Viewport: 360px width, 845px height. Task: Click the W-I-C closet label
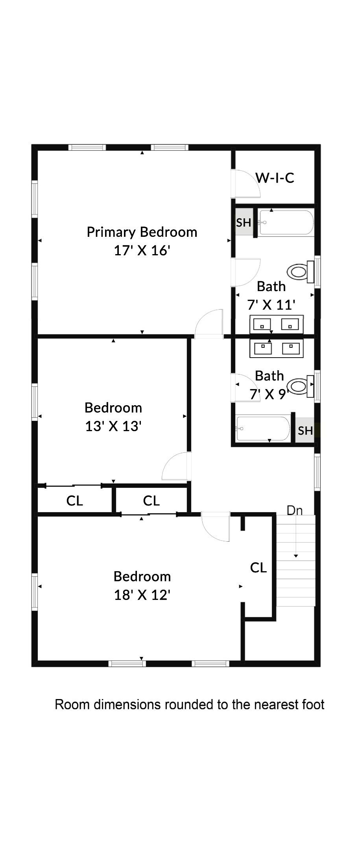coord(275,178)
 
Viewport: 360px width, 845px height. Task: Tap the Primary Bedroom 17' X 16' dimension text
coord(142,251)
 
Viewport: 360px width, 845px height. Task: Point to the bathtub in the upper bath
coord(286,223)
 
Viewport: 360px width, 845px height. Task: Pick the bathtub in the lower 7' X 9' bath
coord(263,428)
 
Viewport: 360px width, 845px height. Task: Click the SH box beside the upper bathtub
coord(244,223)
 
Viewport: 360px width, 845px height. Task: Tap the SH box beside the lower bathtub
coord(305,431)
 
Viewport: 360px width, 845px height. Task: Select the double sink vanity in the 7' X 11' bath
coord(276,325)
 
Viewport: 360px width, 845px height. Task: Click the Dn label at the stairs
coord(295,511)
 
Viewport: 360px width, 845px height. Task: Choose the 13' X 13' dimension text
coord(113,426)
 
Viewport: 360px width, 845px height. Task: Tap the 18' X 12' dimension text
coord(142,595)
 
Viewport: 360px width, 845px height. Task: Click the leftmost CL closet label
coord(75,501)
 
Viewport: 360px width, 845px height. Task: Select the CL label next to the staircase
coord(258,568)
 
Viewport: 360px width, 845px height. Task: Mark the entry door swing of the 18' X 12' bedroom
coord(215,526)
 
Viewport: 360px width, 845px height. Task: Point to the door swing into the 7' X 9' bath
coord(244,387)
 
